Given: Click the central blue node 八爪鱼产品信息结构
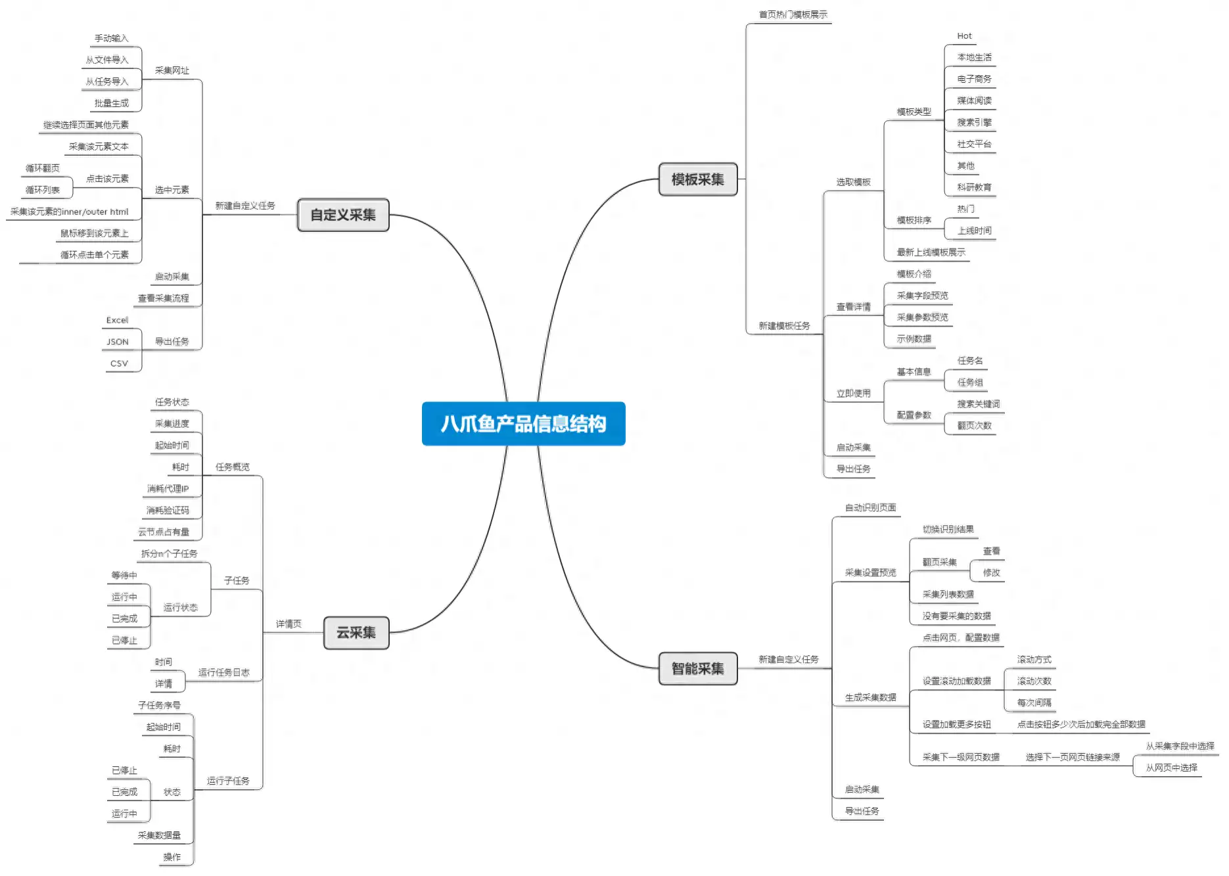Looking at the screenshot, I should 523,424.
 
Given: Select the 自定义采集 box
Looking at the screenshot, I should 343,215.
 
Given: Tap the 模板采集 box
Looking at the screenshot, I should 697,179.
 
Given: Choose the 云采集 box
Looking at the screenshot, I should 356,633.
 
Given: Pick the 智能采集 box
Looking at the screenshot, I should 697,668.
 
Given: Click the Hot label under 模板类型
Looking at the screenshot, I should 964,36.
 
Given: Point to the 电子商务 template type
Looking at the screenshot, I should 974,79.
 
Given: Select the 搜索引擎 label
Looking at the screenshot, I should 974,122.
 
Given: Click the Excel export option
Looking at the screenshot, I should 117,320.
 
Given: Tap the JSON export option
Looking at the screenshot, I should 118,342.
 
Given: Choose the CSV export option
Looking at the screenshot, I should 119,363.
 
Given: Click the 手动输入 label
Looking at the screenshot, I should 111,38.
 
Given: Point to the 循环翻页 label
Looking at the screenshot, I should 43,168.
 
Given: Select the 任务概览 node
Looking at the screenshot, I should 233,467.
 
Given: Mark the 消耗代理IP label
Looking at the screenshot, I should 168,489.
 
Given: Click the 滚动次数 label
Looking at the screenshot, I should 1034,681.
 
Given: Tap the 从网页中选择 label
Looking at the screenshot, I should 1171,768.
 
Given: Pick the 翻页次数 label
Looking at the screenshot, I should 974,426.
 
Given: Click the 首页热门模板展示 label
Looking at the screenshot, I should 793,14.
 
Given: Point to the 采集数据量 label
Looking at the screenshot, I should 159,835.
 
